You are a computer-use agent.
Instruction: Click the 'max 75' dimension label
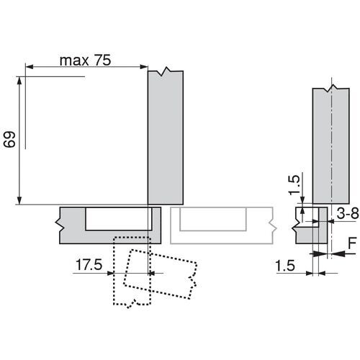tap(85, 60)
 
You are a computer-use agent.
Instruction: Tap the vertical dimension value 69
tap(10, 139)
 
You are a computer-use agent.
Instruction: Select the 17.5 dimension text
tap(89, 264)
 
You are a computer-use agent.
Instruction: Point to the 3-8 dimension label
tap(348, 213)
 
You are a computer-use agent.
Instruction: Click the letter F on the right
tap(353, 243)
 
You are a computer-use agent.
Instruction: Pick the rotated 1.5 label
tap(294, 185)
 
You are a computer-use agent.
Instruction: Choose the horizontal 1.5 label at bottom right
tap(285, 266)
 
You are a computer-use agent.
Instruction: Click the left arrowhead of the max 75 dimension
tap(30, 67)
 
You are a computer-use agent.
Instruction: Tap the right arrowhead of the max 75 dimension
tap(144, 67)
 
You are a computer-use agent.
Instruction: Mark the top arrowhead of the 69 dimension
tap(19, 81)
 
